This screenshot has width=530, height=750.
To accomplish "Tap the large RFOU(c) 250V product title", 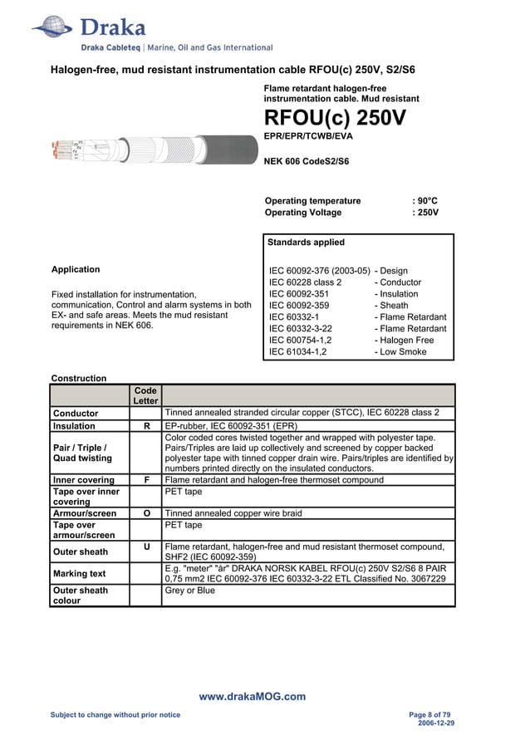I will pyautogui.click(x=335, y=118).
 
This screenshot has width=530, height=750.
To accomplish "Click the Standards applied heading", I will pyautogui.click(x=306, y=243).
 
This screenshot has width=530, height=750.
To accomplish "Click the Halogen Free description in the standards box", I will pyautogui.click(x=405, y=341).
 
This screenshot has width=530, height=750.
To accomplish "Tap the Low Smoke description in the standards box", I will pyautogui.click(x=402, y=352).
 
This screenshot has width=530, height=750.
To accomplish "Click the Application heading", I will pyautogui.click(x=76, y=269).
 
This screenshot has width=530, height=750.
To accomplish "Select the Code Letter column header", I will pyautogui.click(x=145, y=395).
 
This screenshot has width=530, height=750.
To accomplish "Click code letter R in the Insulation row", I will pyautogui.click(x=146, y=426).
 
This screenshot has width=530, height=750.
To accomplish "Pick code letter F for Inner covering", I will pyautogui.click(x=146, y=480).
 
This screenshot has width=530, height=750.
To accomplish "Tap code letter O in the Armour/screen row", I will pyautogui.click(x=146, y=514).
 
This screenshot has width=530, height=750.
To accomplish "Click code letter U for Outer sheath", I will pyautogui.click(x=146, y=546).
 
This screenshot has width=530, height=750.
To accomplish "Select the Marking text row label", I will pyautogui.click(x=80, y=574).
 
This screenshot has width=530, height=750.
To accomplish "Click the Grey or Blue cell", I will pyautogui.click(x=190, y=591).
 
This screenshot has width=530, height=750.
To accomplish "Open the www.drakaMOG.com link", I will pyautogui.click(x=253, y=697).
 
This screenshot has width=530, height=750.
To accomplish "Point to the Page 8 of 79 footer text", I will pyautogui.click(x=431, y=715).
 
